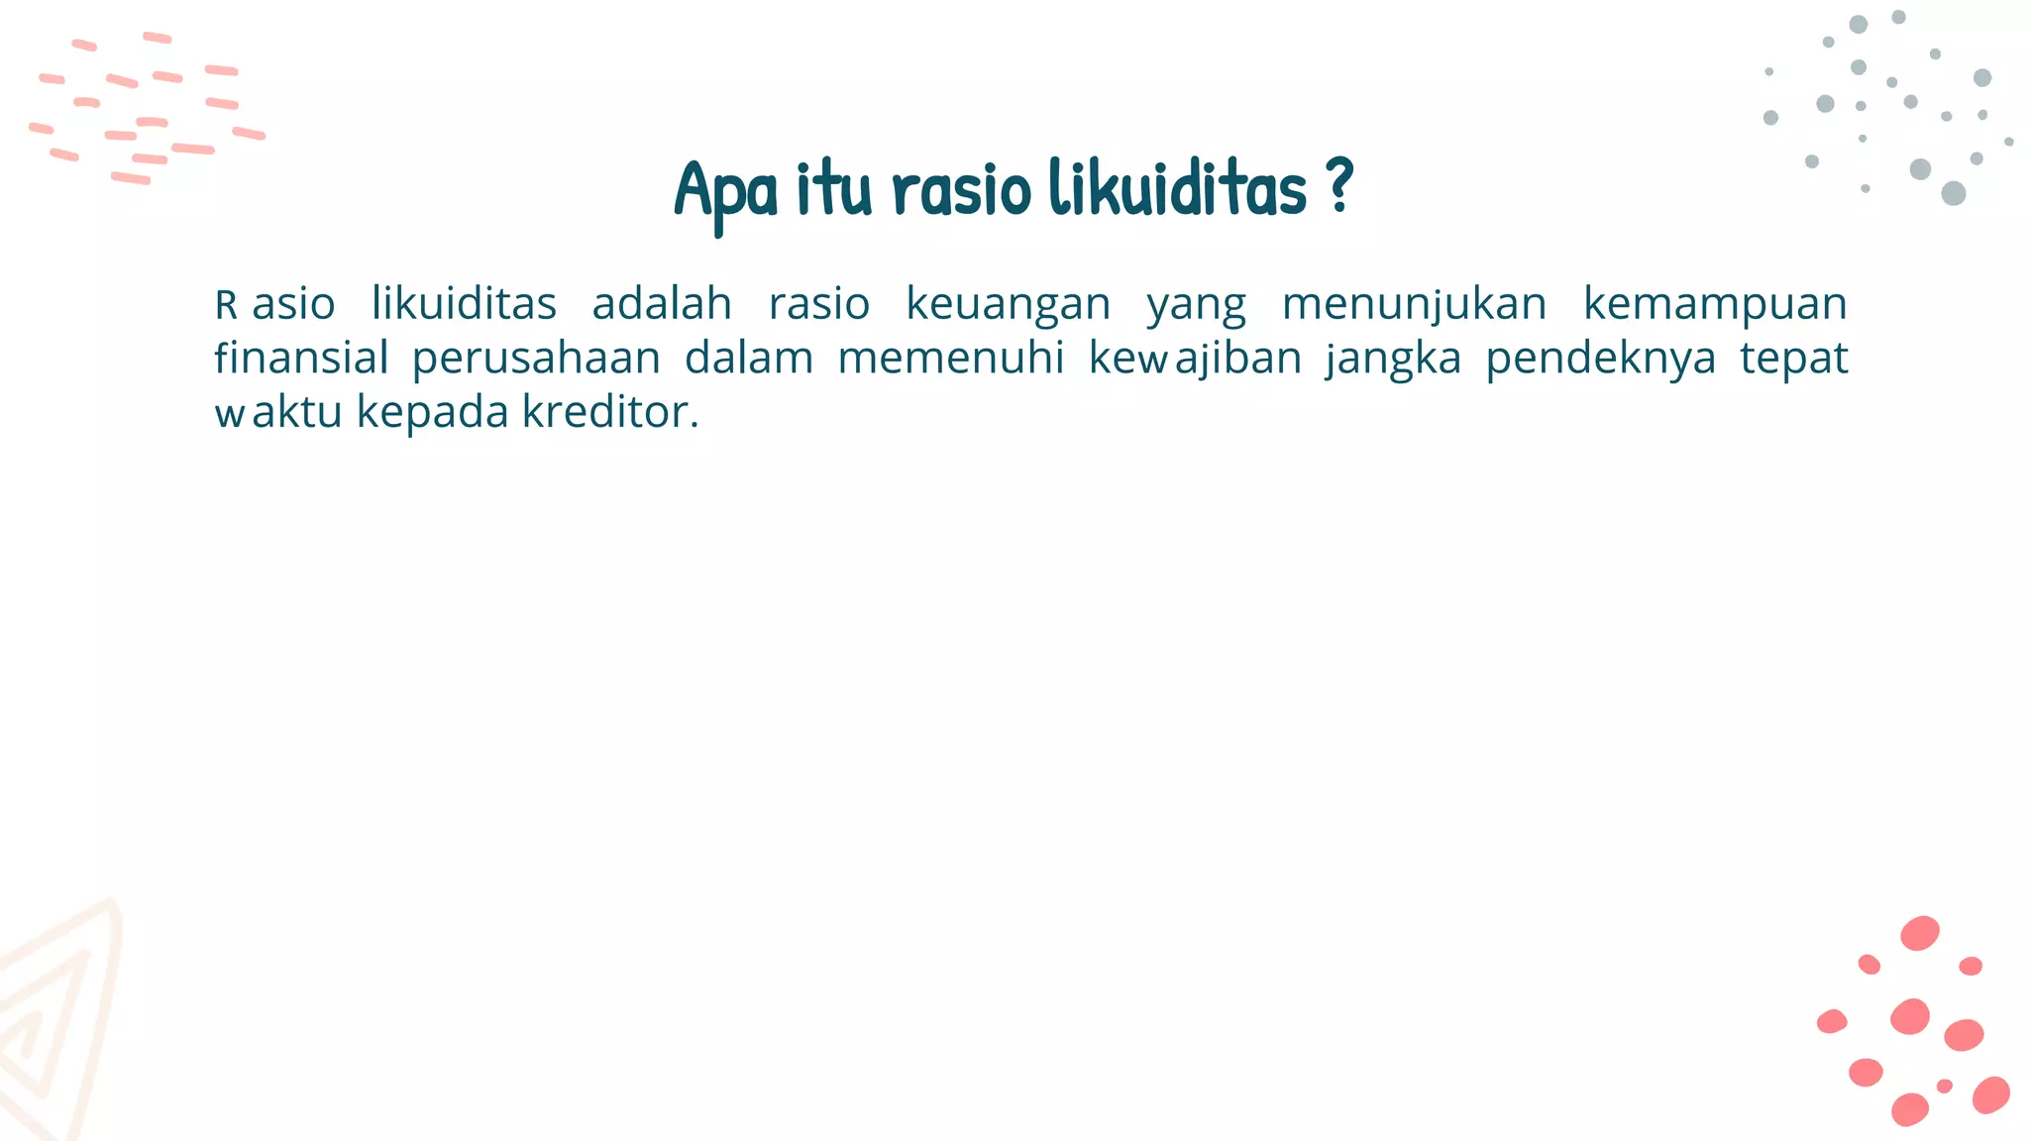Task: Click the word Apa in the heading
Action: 726,190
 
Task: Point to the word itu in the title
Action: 834,190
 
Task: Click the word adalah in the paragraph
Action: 662,304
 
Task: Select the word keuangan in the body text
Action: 1009,305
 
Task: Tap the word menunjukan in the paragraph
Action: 1414,305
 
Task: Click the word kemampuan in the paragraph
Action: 1715,305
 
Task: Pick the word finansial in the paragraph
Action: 301,359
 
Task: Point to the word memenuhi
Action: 951,359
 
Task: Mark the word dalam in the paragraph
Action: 749,359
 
